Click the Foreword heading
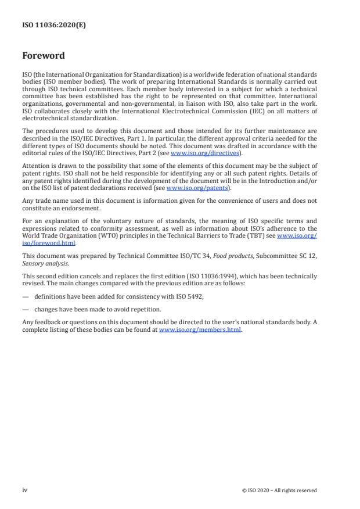pyautogui.click(x=43, y=56)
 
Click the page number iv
pyautogui.click(x=25, y=490)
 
